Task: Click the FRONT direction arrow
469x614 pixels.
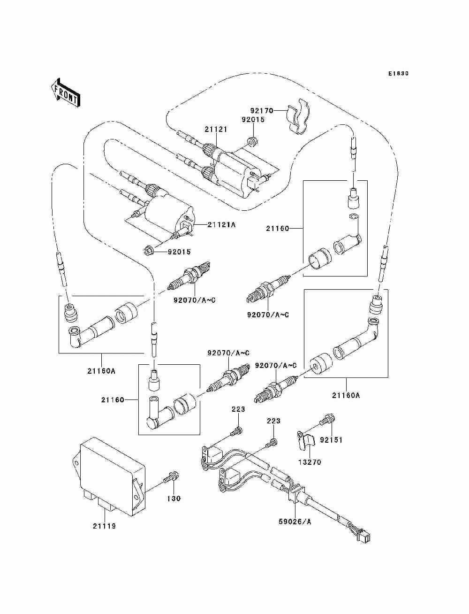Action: pyautogui.click(x=65, y=93)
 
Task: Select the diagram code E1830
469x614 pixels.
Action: pyautogui.click(x=398, y=74)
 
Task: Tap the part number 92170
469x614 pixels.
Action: pyautogui.click(x=261, y=111)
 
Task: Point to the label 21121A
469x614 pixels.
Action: pyautogui.click(x=221, y=225)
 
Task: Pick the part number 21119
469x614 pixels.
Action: pyautogui.click(x=104, y=526)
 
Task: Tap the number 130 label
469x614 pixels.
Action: pyautogui.click(x=174, y=498)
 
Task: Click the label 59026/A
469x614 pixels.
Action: pyautogui.click(x=295, y=522)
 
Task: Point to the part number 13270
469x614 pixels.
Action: pyautogui.click(x=310, y=462)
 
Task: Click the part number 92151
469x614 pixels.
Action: pyautogui.click(x=331, y=440)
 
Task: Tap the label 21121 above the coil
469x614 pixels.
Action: pyautogui.click(x=216, y=130)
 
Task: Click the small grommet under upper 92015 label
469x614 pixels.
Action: pyautogui.click(x=253, y=142)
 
